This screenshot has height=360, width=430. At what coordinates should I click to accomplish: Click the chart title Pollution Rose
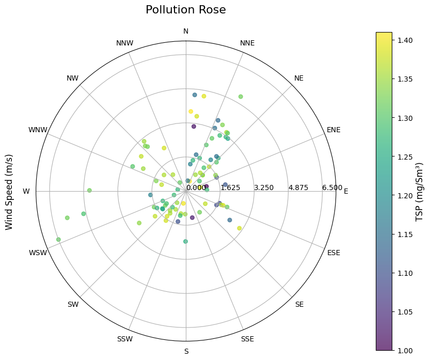pyautogui.click(x=185, y=10)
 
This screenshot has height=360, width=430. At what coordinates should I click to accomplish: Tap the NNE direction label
pyautogui.click(x=247, y=43)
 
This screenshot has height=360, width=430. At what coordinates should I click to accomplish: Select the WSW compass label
pyautogui.click(x=38, y=253)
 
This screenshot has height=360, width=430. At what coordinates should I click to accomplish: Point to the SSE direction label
pyautogui.click(x=247, y=339)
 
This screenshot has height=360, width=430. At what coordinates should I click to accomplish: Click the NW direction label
pyautogui.click(x=72, y=79)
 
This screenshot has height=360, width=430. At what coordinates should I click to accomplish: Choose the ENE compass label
pyautogui.click(x=333, y=130)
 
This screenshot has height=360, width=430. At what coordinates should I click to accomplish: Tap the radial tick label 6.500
pyautogui.click(x=332, y=187)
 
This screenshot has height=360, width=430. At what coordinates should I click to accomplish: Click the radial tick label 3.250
pyautogui.click(x=264, y=187)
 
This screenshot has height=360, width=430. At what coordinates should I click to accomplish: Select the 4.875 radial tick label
pyautogui.click(x=298, y=187)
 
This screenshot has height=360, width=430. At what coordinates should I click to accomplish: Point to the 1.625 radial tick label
pyautogui.click(x=230, y=187)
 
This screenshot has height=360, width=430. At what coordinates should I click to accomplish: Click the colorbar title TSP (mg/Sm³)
pyautogui.click(x=420, y=192)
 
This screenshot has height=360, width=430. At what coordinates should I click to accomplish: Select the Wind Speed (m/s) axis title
pyautogui.click(x=9, y=192)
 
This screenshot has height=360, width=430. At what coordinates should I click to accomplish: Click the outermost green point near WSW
pyautogui.click(x=58, y=240)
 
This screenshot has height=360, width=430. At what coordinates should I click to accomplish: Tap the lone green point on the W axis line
pyautogui.click(x=89, y=191)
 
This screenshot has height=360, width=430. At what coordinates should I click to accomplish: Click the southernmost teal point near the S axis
pyautogui.click(x=185, y=241)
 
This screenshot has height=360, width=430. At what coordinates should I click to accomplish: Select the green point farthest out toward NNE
pyautogui.click(x=240, y=97)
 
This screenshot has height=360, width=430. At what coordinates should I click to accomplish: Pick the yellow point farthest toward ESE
pyautogui.click(x=239, y=228)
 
